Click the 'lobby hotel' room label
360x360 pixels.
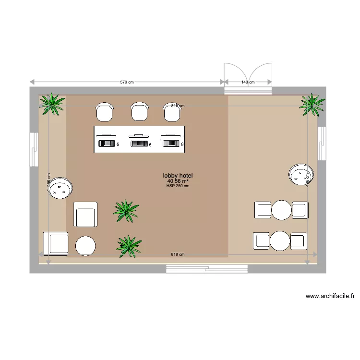coord(178,176)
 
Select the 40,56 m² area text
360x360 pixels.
coord(178,181)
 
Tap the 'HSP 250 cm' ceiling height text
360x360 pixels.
coord(178,186)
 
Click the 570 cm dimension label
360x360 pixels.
coord(127,82)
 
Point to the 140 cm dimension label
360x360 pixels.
coord(248,82)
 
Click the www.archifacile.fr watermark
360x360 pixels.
coord(330,296)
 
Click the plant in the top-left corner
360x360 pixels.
coord(52,103)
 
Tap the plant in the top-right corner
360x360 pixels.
coord(312,104)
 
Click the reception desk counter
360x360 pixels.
coord(139,140)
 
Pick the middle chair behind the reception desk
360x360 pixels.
coord(139,112)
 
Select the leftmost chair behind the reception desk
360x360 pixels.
coord(105,112)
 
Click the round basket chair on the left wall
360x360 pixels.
coord(60,187)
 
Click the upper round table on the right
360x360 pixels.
coord(281,210)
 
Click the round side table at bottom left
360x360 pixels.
coord(86,246)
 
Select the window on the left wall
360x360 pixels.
coord(34,149)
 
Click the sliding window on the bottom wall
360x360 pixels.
coord(207,269)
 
